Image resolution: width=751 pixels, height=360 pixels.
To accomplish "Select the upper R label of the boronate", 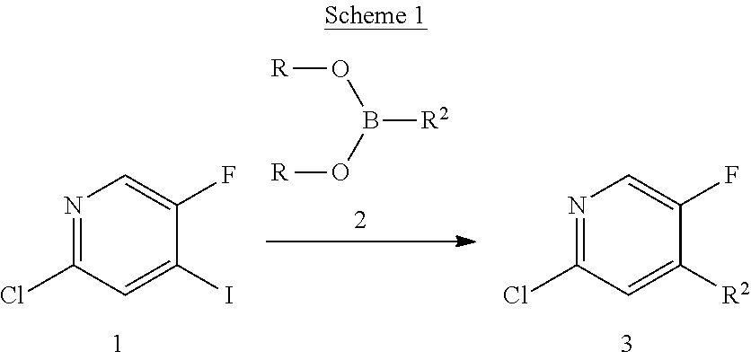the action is click(279, 68).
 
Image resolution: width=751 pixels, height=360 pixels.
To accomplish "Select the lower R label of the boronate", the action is click(279, 171).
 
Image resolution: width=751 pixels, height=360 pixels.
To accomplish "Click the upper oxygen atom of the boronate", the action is click(340, 68).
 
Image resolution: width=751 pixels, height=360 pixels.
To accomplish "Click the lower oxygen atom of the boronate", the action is click(340, 171).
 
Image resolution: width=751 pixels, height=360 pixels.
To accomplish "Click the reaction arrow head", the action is click(466, 241).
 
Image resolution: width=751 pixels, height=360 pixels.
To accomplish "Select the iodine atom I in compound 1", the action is click(228, 294).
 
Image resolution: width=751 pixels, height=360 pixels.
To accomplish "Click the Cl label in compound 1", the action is click(14, 294).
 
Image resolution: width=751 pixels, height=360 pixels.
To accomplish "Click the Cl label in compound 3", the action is click(518, 294).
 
